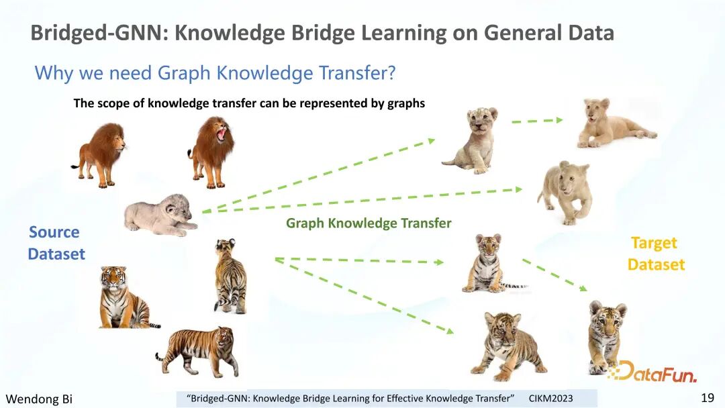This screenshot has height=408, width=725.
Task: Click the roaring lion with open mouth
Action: coord(211,152)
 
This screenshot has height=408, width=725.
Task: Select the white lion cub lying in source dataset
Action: coord(160,215)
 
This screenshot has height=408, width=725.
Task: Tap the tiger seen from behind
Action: coord(230,276)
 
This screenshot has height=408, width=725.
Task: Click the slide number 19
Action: coord(708,397)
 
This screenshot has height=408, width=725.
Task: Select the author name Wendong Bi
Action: coord(39,399)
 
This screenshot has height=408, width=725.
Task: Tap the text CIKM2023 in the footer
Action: coord(550,399)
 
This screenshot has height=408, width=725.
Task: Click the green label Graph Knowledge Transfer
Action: coord(369,223)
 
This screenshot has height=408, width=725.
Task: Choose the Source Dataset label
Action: coord(56,243)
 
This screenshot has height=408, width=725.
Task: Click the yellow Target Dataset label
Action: coord(656,254)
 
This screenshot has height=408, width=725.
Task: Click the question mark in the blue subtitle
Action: coord(391,73)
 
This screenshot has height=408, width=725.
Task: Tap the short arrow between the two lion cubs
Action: coord(537,121)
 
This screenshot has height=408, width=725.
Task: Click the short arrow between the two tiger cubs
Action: coord(555,275)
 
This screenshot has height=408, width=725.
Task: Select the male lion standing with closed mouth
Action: coord(100,155)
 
